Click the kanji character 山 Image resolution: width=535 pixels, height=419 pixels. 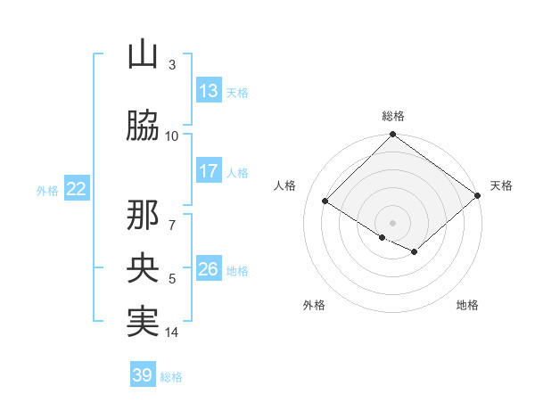[x=143, y=55]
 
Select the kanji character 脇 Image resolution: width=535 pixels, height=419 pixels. [x=143, y=126]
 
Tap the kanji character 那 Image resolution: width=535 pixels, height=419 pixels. [x=143, y=216]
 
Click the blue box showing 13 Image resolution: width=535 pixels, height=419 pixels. [x=209, y=91]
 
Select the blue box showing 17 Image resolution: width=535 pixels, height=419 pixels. [x=209, y=171]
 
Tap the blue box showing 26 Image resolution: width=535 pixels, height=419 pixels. [x=209, y=269]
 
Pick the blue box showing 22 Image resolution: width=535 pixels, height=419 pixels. [x=77, y=189]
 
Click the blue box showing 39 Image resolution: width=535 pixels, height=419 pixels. [x=143, y=375]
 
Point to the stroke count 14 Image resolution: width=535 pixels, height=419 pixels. [x=172, y=333]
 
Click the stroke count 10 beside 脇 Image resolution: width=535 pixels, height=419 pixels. [x=172, y=136]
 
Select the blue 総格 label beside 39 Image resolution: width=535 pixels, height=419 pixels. [x=172, y=376]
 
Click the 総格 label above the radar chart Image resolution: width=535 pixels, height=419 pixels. [x=393, y=116]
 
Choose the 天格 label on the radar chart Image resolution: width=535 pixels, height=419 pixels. [x=501, y=185]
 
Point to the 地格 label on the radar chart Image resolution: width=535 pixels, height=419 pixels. [x=467, y=305]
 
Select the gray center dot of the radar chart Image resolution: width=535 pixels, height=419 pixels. [x=392, y=222]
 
